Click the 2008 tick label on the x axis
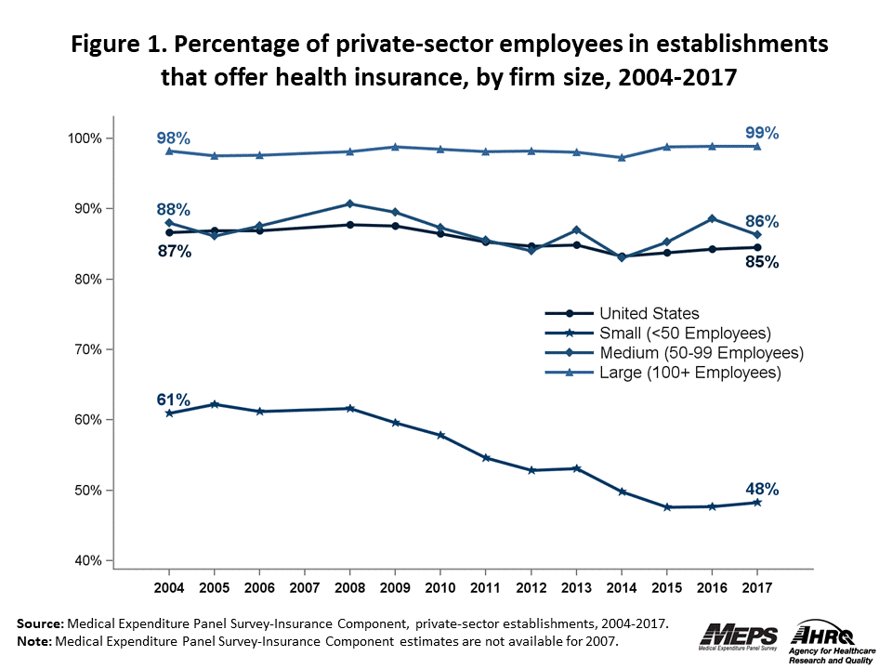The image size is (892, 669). pyautogui.click(x=350, y=589)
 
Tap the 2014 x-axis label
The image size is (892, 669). pyautogui.click(x=622, y=589)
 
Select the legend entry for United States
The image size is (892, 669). pyautogui.click(x=649, y=314)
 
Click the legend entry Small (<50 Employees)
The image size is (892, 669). pyautogui.click(x=685, y=334)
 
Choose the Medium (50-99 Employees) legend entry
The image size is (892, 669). pyautogui.click(x=701, y=353)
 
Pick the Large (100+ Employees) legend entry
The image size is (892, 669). pyautogui.click(x=689, y=373)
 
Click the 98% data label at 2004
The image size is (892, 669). pyautogui.click(x=173, y=138)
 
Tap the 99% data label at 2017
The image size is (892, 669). pyautogui.click(x=762, y=133)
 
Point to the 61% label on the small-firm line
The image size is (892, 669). pyautogui.click(x=173, y=400)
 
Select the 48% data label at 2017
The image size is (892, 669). pyautogui.click(x=762, y=489)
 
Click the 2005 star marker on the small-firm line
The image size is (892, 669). pyautogui.click(x=215, y=404)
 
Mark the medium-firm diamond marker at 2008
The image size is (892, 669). pyautogui.click(x=350, y=203)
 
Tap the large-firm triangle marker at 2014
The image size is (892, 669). pyautogui.click(x=622, y=157)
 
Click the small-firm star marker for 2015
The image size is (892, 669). pyautogui.click(x=667, y=507)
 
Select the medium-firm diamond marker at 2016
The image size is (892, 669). pyautogui.click(x=712, y=218)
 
